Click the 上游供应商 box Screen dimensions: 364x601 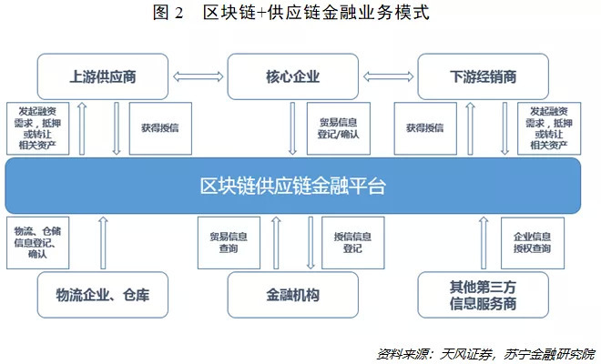(x=103, y=76)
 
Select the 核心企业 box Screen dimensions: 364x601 (x=293, y=76)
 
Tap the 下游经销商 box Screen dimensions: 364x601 (x=484, y=76)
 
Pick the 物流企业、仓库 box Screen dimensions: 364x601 (x=103, y=295)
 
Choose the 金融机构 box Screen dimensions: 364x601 (x=293, y=295)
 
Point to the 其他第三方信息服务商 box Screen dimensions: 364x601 (x=484, y=295)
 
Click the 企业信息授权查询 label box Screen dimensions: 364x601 (x=533, y=242)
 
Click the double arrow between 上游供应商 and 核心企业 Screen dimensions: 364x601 (x=198, y=76)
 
